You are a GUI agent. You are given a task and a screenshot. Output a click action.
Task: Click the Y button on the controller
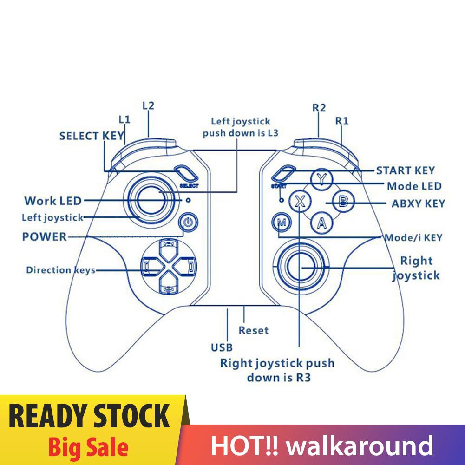(x=320, y=179)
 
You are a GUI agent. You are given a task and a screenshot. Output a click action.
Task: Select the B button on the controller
(x=342, y=201)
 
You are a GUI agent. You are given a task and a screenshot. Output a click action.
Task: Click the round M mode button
(x=282, y=223)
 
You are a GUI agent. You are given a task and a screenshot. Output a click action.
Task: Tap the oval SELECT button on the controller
(x=185, y=174)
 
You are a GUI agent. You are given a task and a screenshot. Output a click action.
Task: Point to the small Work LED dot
(x=188, y=200)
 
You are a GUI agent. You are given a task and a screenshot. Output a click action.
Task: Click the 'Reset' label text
(x=253, y=330)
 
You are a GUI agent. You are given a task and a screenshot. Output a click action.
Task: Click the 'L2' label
(x=148, y=105)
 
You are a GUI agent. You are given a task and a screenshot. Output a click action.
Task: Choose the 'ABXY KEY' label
(x=418, y=203)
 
